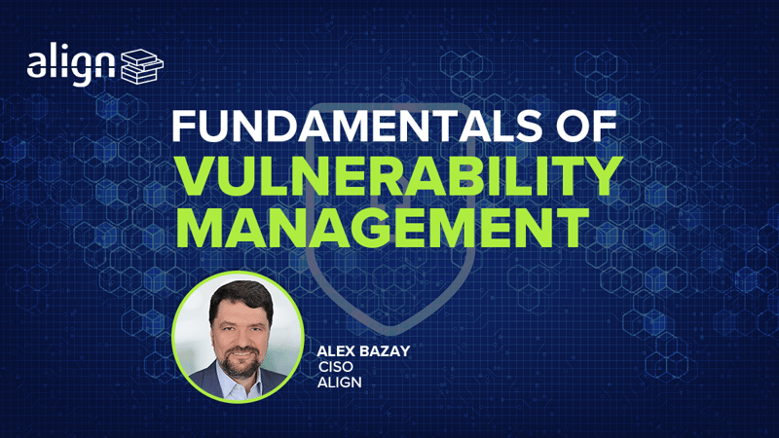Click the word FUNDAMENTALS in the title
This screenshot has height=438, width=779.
356,126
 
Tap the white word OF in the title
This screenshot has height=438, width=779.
586,126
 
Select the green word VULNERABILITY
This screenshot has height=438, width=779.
399,176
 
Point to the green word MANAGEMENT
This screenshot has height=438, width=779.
383,228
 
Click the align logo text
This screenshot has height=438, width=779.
70,63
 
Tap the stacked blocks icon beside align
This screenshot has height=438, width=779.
142,65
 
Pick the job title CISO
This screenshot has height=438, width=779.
335,367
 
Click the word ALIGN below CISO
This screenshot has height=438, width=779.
340,383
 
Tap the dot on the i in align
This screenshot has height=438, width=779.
66,46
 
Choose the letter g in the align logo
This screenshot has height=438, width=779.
83,68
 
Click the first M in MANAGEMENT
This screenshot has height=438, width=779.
201,228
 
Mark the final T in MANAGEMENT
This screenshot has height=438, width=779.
572,228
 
